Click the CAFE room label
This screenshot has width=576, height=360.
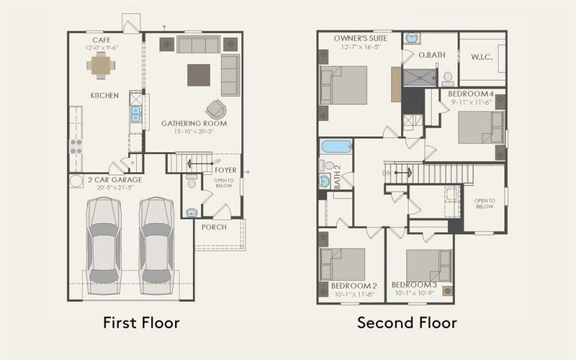100,40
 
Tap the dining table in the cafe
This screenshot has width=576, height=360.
101,66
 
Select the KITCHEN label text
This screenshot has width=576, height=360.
104,95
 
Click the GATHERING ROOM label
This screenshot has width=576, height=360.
194,123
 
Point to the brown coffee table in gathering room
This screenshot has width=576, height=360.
199,75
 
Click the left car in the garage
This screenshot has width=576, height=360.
103,241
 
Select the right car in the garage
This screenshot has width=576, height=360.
156,241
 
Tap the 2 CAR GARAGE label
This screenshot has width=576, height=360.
105,179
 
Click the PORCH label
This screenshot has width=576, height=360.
214,227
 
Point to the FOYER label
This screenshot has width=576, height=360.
225,171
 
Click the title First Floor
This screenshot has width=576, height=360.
141,322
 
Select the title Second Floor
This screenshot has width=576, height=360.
407,322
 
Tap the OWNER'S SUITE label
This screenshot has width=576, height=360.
359,37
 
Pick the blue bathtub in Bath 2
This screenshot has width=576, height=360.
336,147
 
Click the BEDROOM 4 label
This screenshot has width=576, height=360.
471,94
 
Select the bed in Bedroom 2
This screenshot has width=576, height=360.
343,264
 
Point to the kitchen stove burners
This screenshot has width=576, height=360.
75,146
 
